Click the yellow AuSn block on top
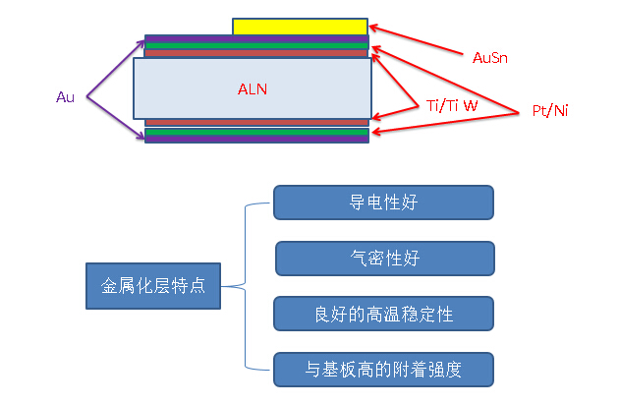click(x=300, y=27)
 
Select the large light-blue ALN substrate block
click(x=253, y=87)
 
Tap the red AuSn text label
click(x=490, y=58)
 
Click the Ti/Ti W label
click(x=451, y=104)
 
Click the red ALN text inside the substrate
click(x=253, y=88)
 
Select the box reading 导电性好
click(x=383, y=202)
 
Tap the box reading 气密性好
click(x=383, y=259)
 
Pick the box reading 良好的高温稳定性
click(x=383, y=314)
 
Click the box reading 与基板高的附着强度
click(x=383, y=370)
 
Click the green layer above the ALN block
click(x=256, y=45)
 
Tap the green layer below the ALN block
click(x=256, y=132)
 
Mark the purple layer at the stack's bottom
click(x=256, y=140)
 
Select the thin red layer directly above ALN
click(x=256, y=53)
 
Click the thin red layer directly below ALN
click(x=256, y=123)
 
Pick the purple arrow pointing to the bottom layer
click(x=116, y=118)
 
